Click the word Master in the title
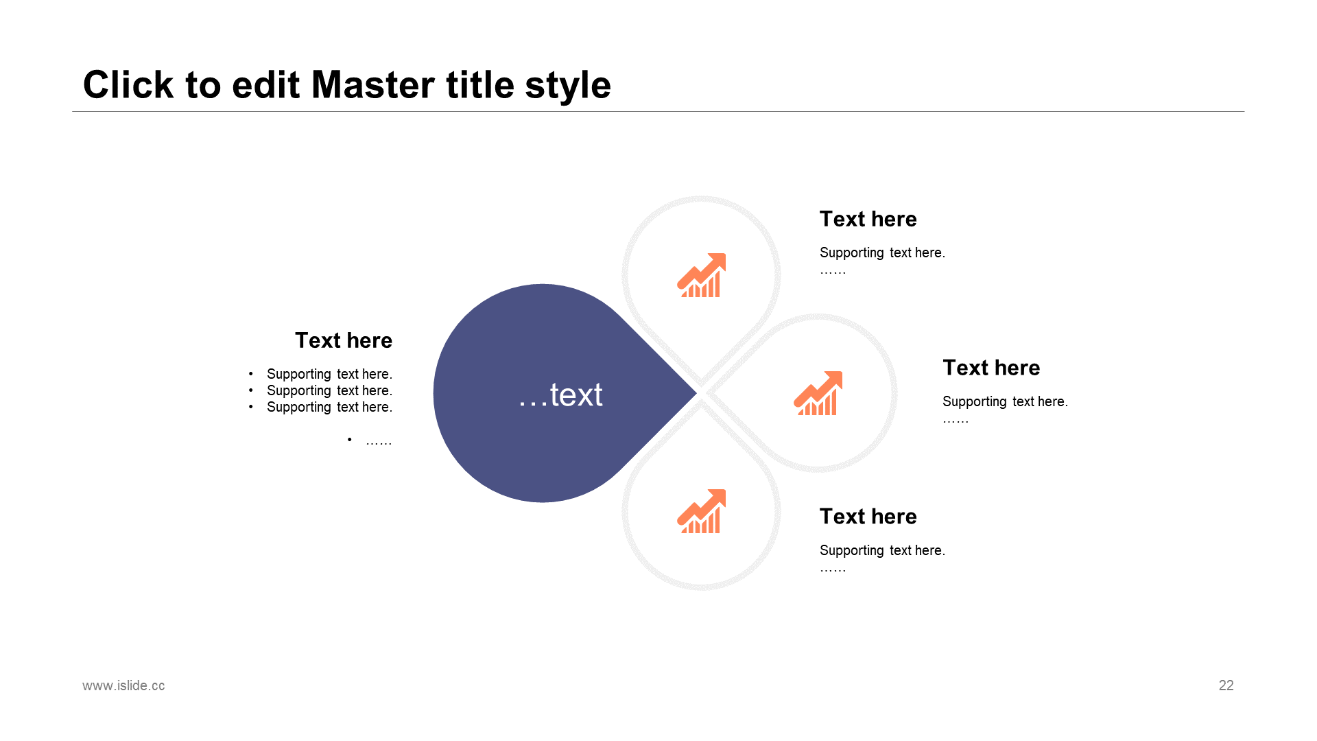pyautogui.click(x=373, y=85)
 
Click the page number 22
pyautogui.click(x=1226, y=685)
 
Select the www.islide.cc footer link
pyautogui.click(x=123, y=685)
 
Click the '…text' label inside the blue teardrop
pyautogui.click(x=560, y=395)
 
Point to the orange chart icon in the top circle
pyautogui.click(x=701, y=275)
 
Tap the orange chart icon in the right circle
pyautogui.click(x=818, y=393)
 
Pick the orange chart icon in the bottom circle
pyautogui.click(x=701, y=511)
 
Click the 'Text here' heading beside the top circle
pyautogui.click(x=868, y=219)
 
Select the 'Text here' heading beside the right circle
pyautogui.click(x=990, y=368)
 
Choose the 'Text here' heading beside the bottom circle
pyautogui.click(x=868, y=517)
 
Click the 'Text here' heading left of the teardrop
pyautogui.click(x=343, y=340)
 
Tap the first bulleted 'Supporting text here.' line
pyautogui.click(x=329, y=374)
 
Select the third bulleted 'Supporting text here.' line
pyautogui.click(x=329, y=407)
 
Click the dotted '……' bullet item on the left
pyautogui.click(x=378, y=441)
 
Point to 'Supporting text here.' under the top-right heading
pyautogui.click(x=882, y=252)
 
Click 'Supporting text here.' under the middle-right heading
pyautogui.click(x=1005, y=401)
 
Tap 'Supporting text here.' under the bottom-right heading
pyautogui.click(x=882, y=550)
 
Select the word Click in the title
pyautogui.click(x=128, y=85)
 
